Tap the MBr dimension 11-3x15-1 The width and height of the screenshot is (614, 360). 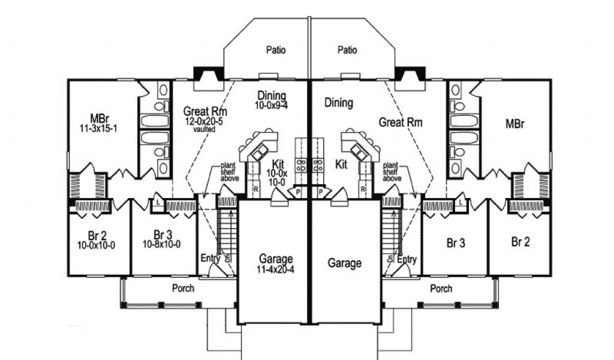click(100, 128)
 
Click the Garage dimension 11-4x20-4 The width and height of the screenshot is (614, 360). click(276, 269)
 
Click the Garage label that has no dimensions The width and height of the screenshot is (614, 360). click(345, 263)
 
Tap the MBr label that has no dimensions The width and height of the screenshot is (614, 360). click(515, 124)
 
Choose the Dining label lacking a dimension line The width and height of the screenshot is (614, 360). click(339, 103)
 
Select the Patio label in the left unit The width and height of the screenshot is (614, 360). click(276, 50)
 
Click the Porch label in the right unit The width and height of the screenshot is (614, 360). click(441, 289)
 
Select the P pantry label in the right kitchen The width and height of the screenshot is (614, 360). click(321, 192)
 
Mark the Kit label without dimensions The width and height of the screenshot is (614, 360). click(342, 164)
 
